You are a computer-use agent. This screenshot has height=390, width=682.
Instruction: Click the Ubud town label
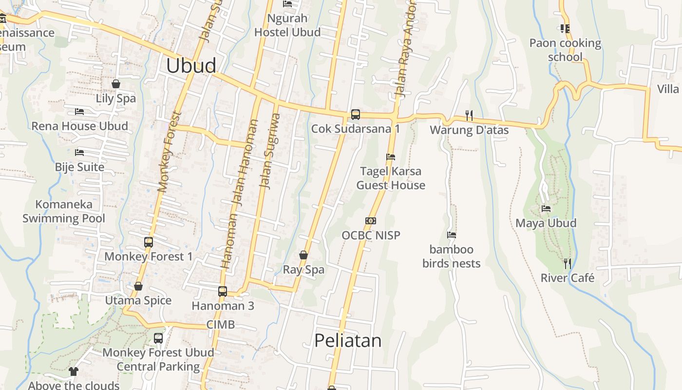[191, 66]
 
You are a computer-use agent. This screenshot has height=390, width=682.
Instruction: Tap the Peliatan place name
[348, 340]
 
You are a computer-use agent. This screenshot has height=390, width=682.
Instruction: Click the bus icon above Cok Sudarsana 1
[356, 115]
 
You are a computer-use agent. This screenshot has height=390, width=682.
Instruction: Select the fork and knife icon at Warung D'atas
[469, 116]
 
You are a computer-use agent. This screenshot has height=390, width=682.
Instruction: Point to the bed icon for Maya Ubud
[546, 209]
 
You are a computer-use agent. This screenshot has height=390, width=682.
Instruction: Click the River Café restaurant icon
[567, 264]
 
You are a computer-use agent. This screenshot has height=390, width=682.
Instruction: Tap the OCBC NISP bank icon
[371, 221]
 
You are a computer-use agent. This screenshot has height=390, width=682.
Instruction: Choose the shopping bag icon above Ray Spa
[303, 255]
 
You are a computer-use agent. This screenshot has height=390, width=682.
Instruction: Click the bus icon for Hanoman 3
[223, 292]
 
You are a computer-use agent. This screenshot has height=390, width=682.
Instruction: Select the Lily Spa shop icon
[116, 84]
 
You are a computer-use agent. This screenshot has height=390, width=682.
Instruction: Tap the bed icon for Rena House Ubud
[79, 112]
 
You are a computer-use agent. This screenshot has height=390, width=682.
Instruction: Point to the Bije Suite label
[79, 167]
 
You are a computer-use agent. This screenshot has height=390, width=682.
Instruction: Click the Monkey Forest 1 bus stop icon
[149, 242]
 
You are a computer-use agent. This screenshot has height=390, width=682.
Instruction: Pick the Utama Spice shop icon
[138, 286]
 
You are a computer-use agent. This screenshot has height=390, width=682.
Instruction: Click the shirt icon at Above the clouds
[74, 371]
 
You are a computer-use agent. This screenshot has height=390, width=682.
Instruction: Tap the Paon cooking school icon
[565, 29]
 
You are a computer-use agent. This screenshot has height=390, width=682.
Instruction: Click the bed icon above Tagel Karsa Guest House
[390, 157]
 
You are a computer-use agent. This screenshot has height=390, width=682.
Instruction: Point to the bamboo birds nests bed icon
[452, 235]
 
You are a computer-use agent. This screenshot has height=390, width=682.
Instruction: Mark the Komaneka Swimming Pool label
[64, 211]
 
